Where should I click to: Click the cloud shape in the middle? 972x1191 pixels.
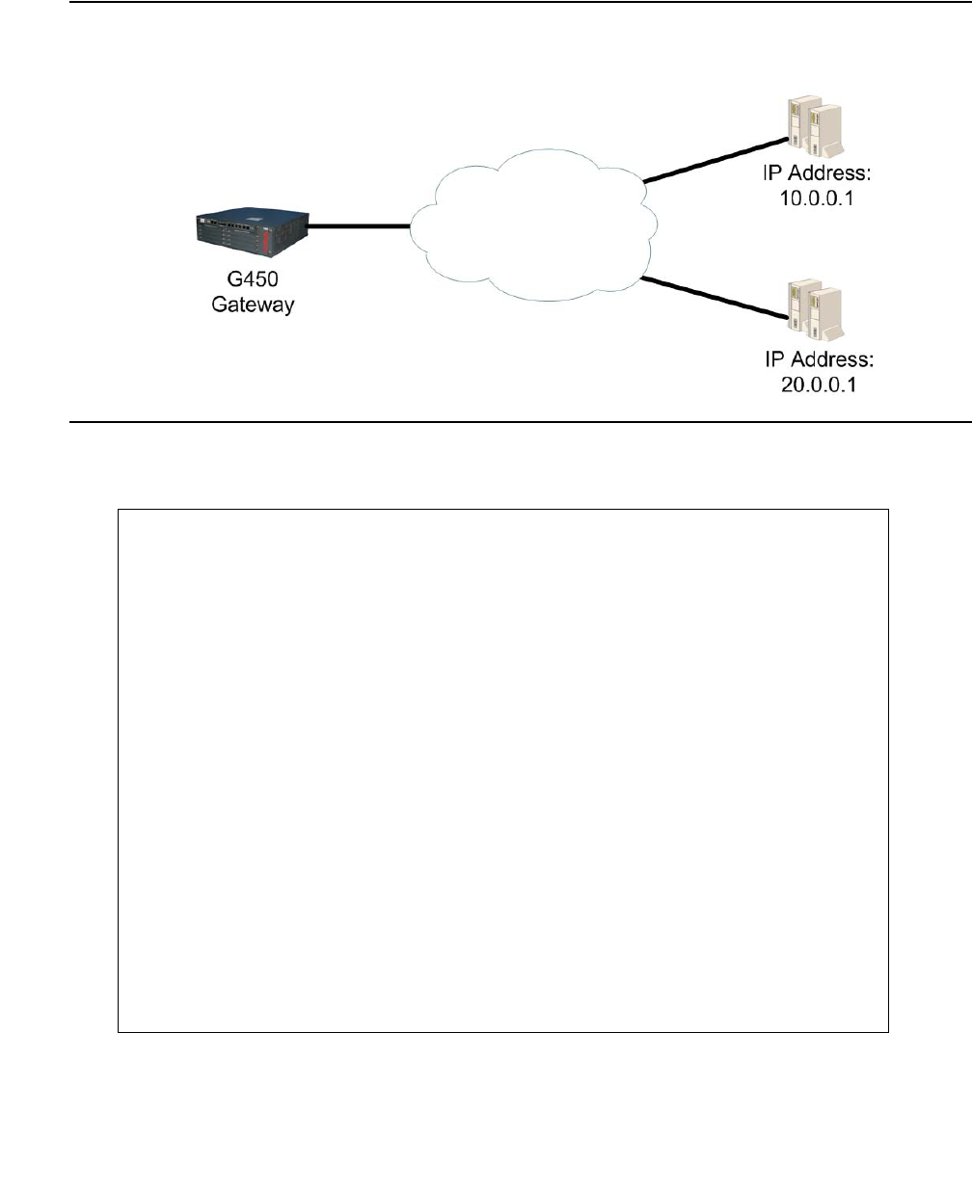(x=533, y=226)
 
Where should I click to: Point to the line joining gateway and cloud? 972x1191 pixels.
(x=359, y=227)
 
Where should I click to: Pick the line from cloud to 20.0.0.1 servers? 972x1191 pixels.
(x=713, y=297)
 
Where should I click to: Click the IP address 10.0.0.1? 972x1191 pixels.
(x=819, y=200)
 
